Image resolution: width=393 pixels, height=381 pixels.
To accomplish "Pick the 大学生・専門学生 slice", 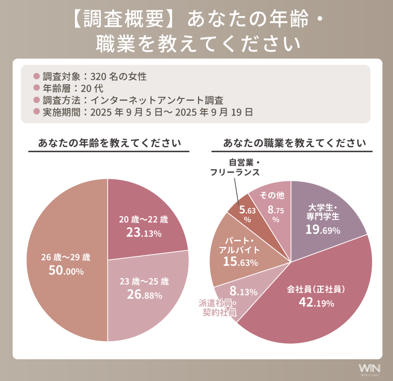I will coord(323,217).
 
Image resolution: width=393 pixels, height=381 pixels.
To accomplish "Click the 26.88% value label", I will coord(144,295).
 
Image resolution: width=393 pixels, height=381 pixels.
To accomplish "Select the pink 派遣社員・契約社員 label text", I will coord(218,307).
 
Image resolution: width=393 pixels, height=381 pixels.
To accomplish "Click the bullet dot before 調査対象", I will coord(36,77).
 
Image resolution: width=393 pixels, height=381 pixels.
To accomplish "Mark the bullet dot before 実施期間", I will coord(36,111).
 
